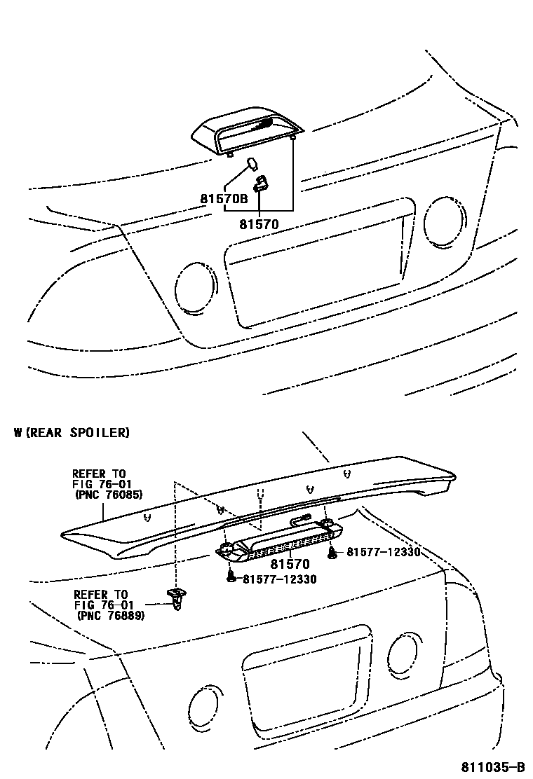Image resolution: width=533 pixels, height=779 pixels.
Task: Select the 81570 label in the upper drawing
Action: point(259,225)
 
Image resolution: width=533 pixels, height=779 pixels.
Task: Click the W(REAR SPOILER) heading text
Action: point(72,432)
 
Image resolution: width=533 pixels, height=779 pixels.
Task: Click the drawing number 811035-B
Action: point(492,766)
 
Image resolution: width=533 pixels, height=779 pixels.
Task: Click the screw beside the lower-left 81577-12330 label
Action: point(231,577)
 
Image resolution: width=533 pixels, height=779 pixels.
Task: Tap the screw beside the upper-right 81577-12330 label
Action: point(332,553)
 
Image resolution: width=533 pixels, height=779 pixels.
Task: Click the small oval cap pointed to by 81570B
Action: point(251,165)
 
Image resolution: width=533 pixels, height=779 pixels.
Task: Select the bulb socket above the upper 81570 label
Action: point(262,184)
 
